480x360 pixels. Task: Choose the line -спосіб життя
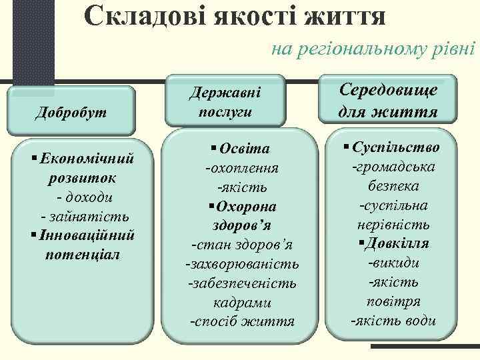[x=241, y=322]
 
